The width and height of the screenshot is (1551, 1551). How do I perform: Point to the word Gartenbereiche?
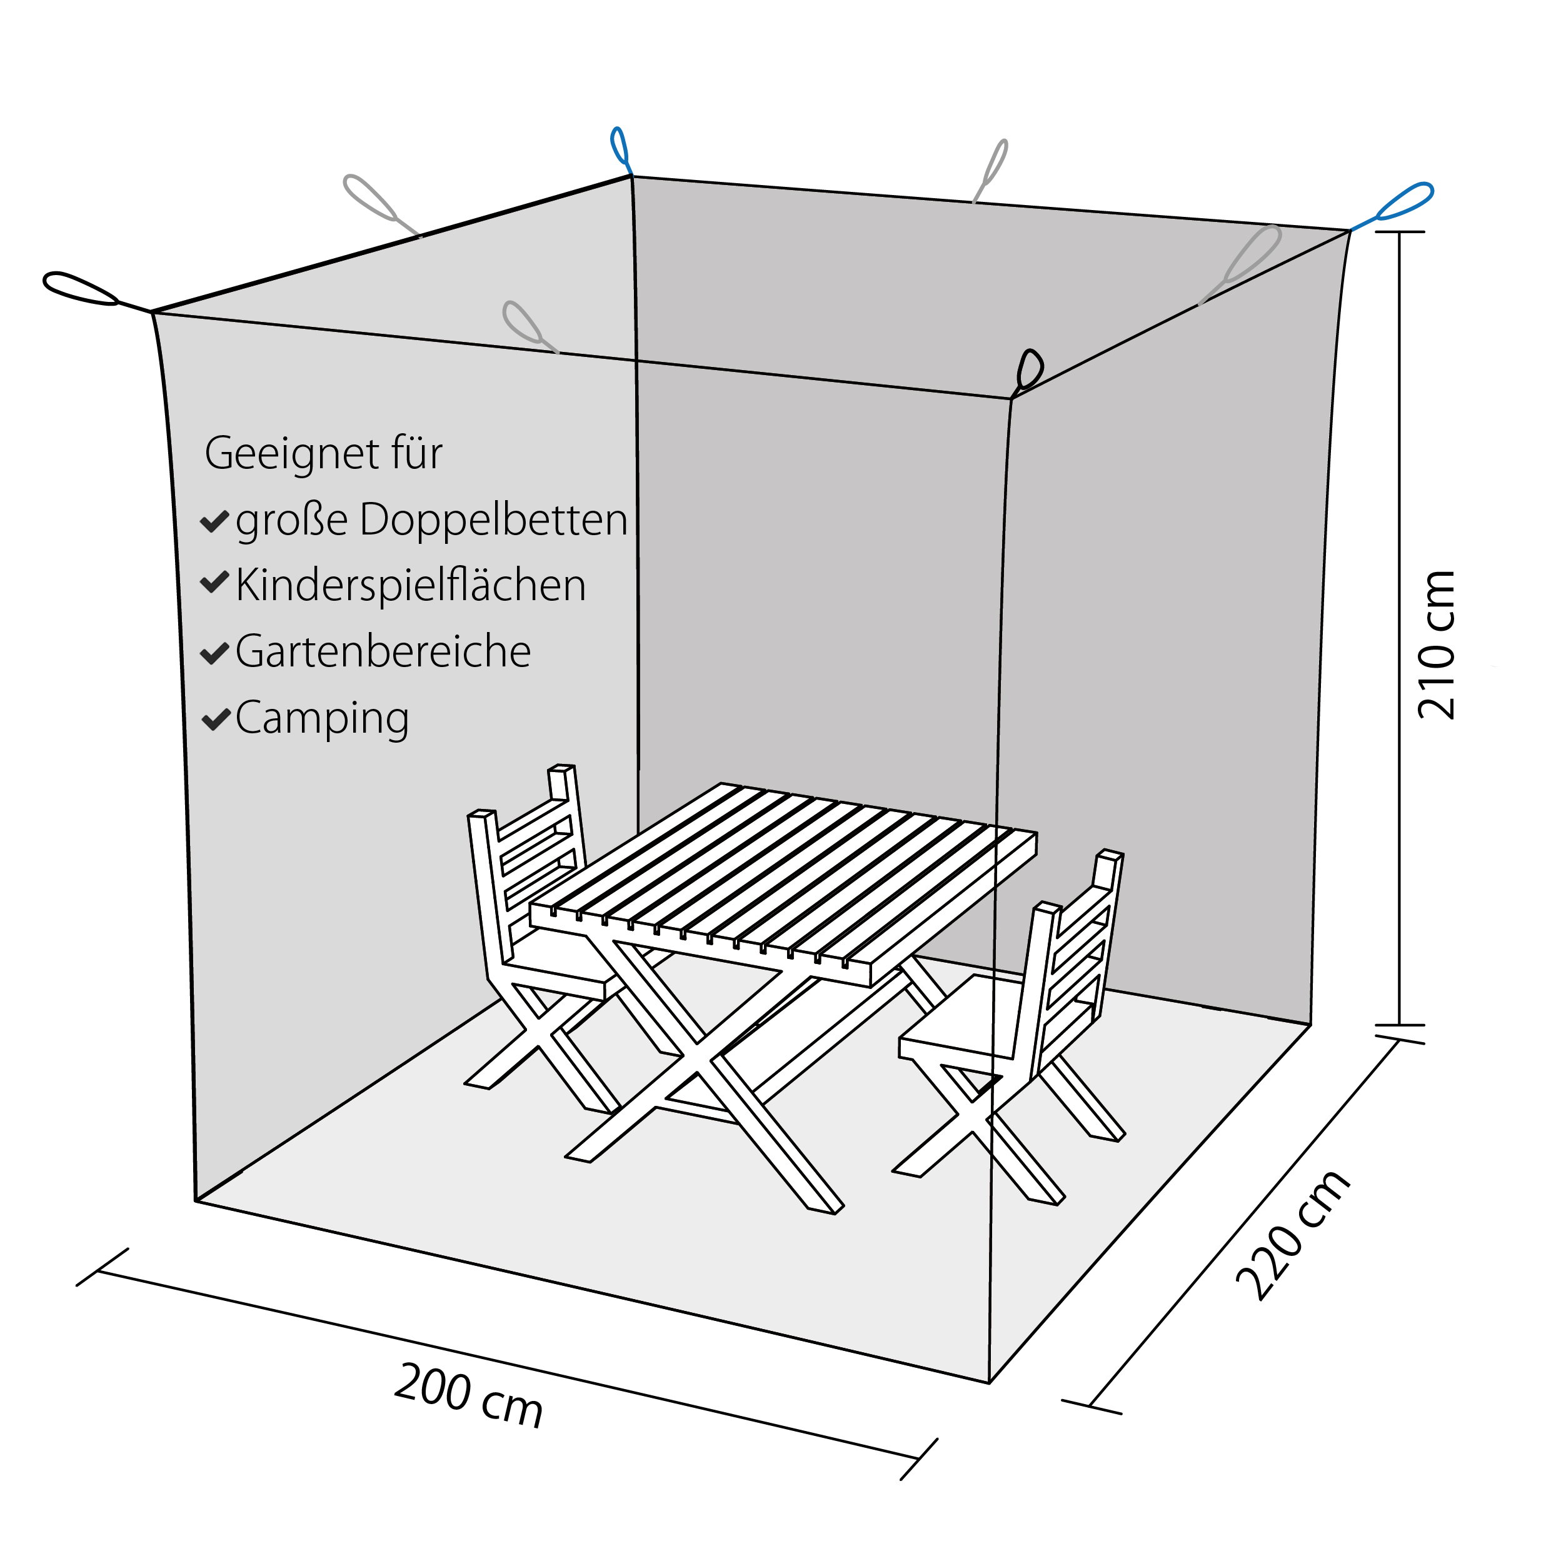[x=383, y=651]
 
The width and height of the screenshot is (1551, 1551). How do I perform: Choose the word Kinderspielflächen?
[x=410, y=585]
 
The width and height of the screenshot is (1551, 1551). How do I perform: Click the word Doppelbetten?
[x=494, y=520]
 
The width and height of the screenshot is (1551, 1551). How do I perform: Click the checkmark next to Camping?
[x=215, y=720]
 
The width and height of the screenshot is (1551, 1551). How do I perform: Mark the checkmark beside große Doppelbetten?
[x=215, y=522]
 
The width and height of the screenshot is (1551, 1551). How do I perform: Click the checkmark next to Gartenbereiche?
[x=215, y=653]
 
